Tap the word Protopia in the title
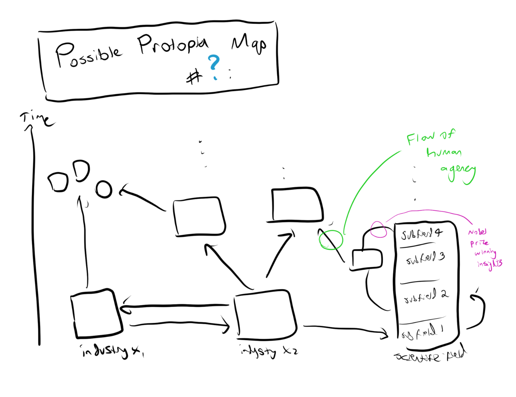click(x=173, y=45)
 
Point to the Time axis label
click(x=37, y=119)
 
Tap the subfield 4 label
click(x=421, y=234)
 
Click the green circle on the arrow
click(x=331, y=240)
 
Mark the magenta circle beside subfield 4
click(x=378, y=229)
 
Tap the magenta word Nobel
click(x=477, y=232)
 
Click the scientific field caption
click(x=430, y=355)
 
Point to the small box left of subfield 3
click(x=367, y=259)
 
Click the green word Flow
click(x=420, y=139)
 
